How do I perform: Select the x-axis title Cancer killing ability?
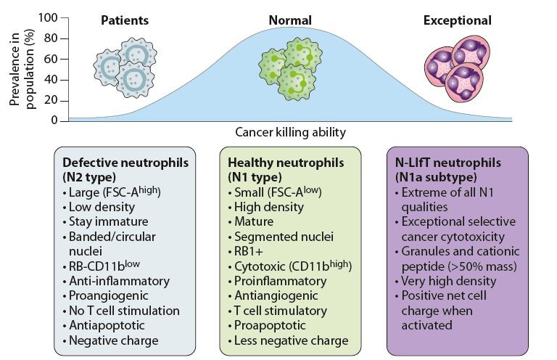290,132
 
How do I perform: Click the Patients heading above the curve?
124,20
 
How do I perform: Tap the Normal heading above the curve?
290,20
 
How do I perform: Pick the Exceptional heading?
457,20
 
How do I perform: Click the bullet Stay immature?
108,221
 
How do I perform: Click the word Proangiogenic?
110,295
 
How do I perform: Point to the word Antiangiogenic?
276,295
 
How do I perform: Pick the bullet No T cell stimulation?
124,311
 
